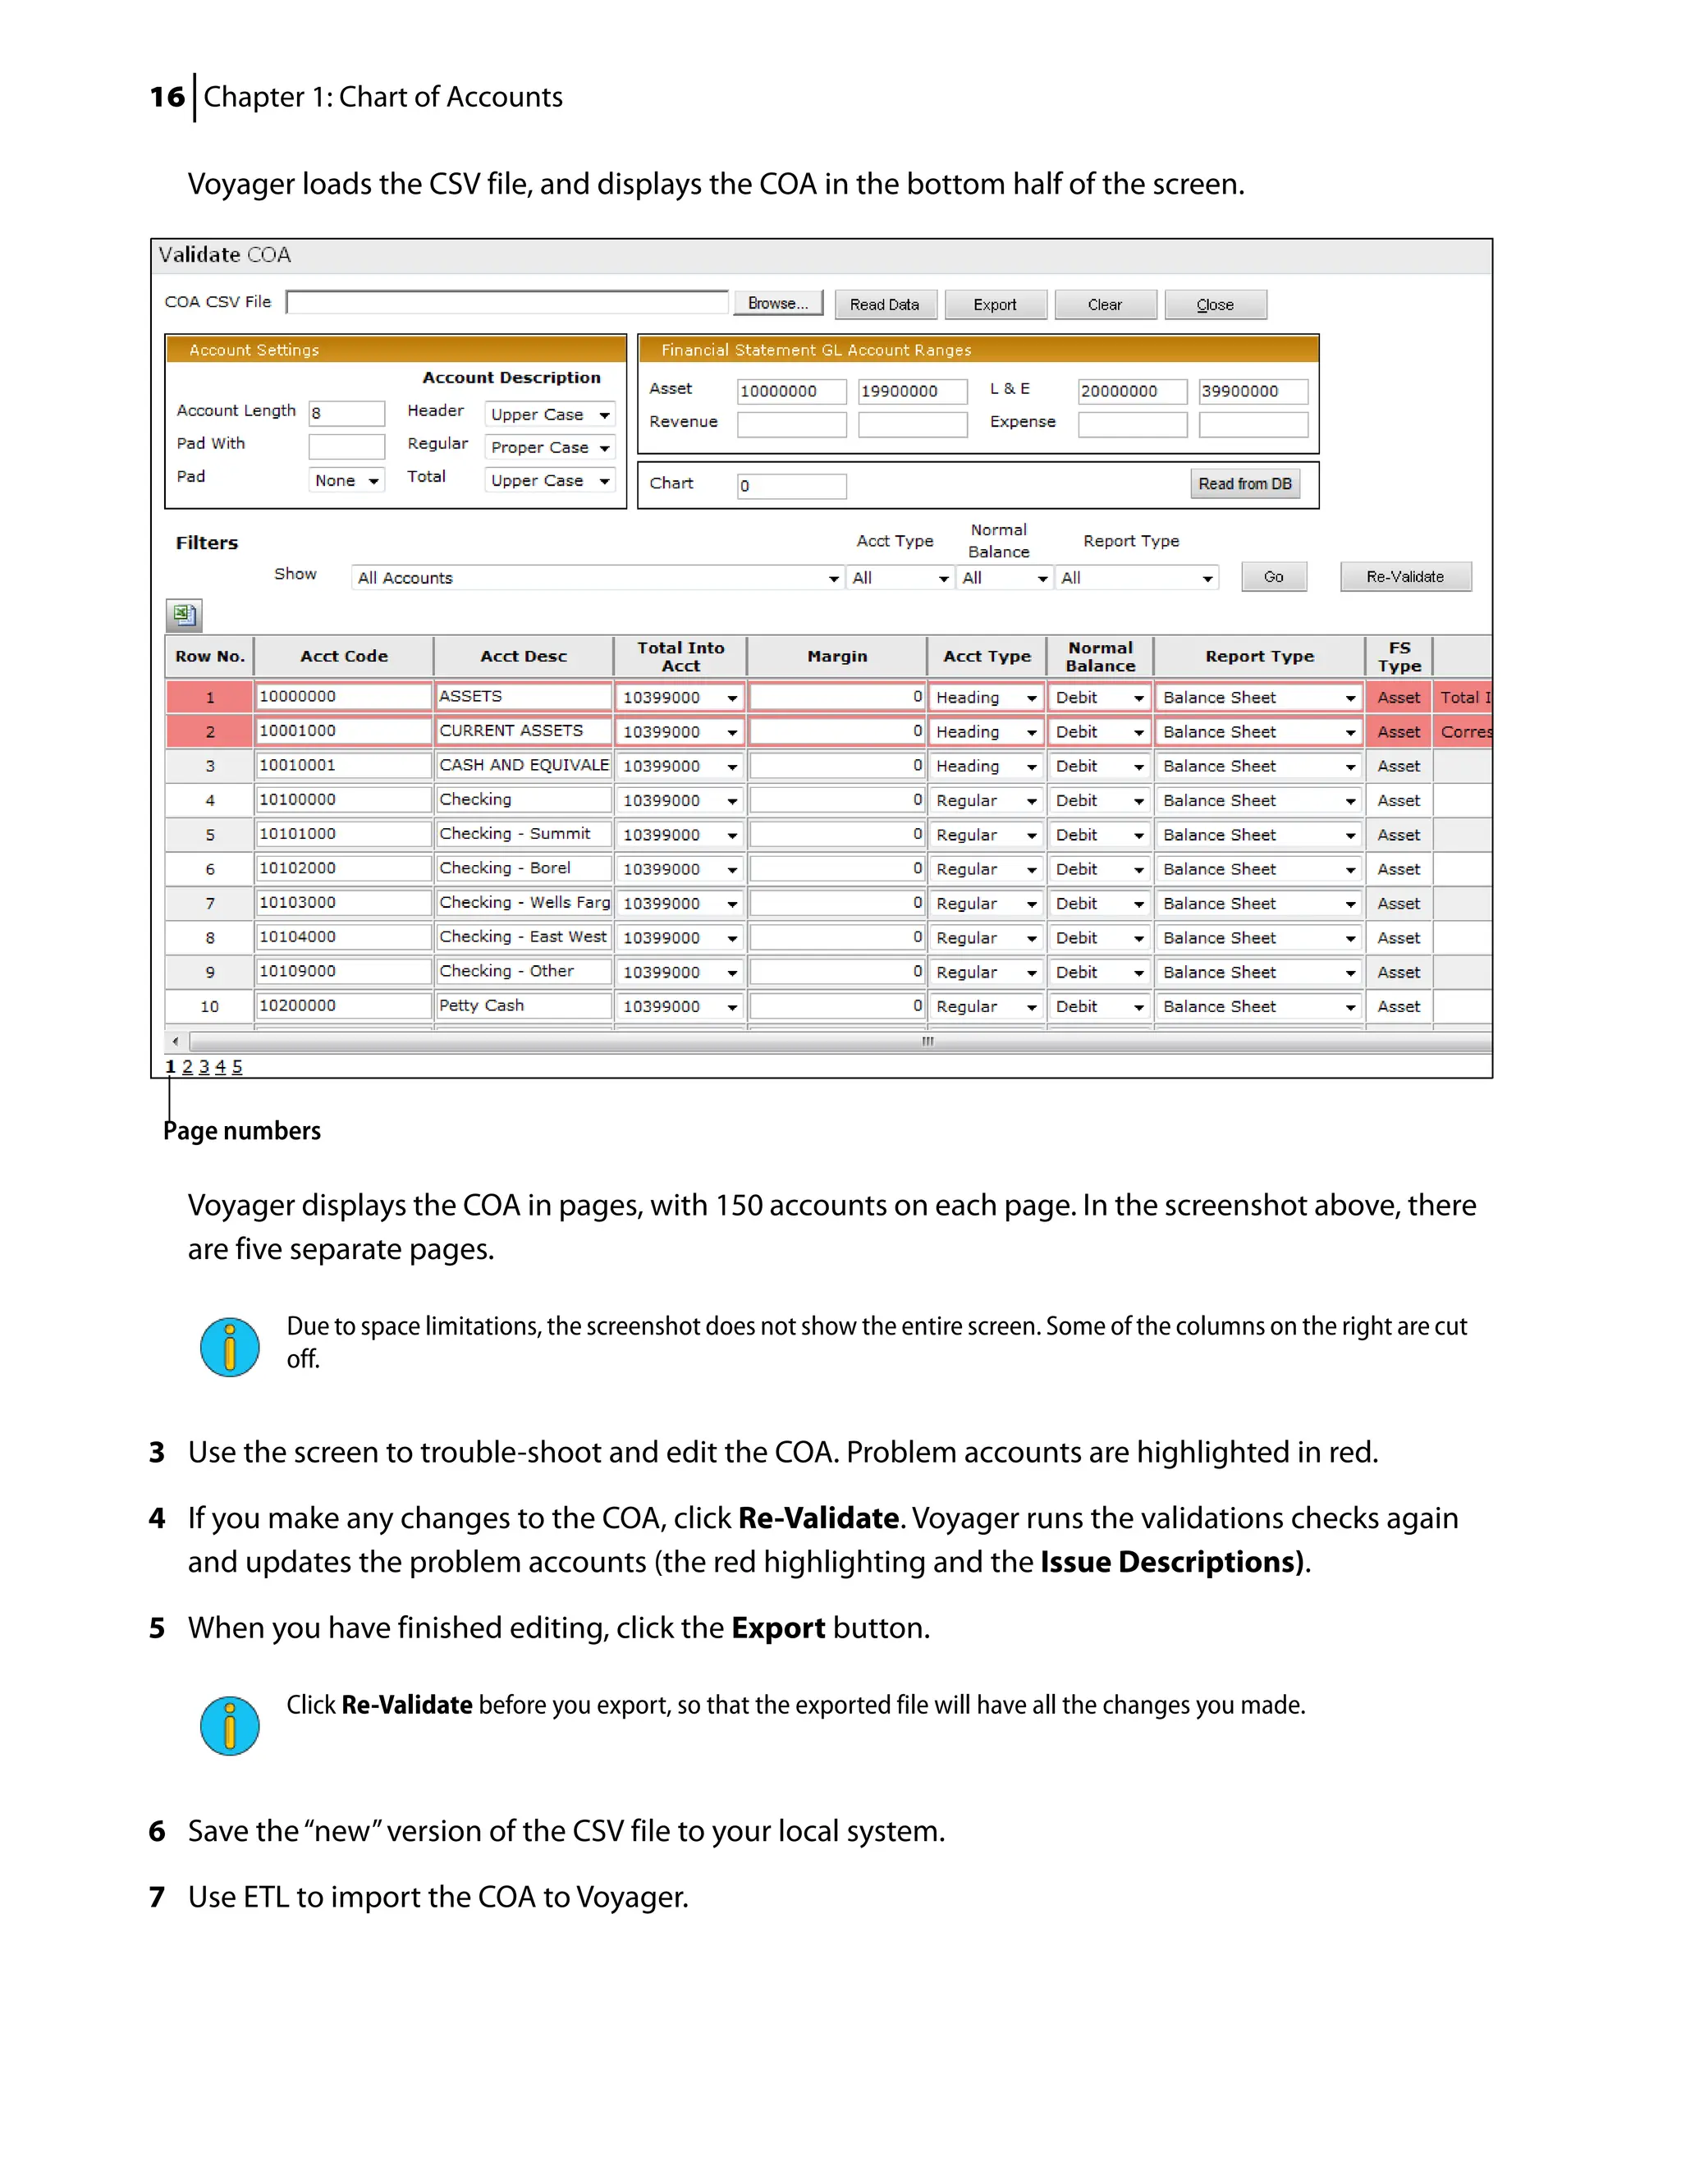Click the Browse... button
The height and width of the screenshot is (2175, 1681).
(778, 304)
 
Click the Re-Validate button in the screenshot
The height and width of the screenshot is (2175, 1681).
(1404, 577)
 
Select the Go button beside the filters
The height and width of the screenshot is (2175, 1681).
(1273, 577)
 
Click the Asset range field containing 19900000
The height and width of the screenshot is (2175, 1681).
(911, 391)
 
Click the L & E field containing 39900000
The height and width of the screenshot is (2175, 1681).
(1252, 391)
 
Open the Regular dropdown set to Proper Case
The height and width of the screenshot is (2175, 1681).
(550, 448)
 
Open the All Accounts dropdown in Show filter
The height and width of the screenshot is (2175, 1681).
(597, 578)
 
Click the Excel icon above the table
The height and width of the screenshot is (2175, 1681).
(184, 615)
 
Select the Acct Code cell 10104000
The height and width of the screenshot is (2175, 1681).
(342, 937)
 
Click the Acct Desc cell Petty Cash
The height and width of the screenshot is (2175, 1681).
(522, 1006)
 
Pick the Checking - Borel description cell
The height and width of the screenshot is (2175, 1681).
(522, 868)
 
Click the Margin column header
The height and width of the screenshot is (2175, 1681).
(836, 657)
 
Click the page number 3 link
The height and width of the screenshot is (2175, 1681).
(204, 1067)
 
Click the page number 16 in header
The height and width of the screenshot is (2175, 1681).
(167, 98)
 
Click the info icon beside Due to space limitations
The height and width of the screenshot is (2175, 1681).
(229, 1348)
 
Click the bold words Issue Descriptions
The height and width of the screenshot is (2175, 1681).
(1170, 1562)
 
